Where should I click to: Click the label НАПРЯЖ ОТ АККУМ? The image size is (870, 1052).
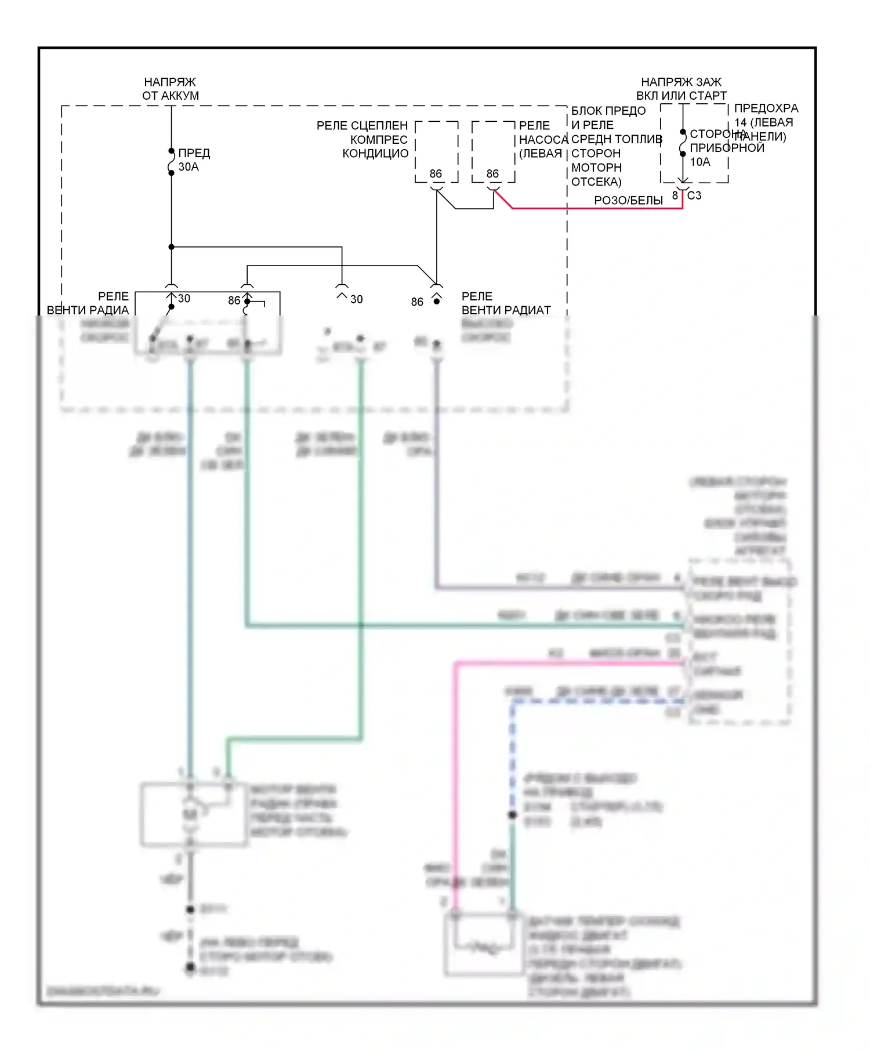171,89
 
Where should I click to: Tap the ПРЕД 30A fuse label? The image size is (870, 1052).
194,159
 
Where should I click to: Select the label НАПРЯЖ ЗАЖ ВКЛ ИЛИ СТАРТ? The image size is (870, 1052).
681,89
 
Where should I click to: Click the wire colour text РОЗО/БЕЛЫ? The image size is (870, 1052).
628,201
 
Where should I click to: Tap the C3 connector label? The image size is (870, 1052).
694,196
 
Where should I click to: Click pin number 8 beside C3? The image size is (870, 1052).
675,196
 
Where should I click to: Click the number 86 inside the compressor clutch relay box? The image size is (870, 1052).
436,174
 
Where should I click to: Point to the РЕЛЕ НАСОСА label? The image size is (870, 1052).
542,140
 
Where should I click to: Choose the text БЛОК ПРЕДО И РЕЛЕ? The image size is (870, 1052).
608,118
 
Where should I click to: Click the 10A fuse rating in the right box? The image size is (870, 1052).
700,162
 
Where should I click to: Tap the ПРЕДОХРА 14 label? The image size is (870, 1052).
766,115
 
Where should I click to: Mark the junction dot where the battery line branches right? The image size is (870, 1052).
172,247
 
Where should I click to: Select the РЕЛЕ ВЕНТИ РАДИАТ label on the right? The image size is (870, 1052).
506,303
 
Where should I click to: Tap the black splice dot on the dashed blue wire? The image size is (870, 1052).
512,815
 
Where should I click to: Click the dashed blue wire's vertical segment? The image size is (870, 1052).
512,754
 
